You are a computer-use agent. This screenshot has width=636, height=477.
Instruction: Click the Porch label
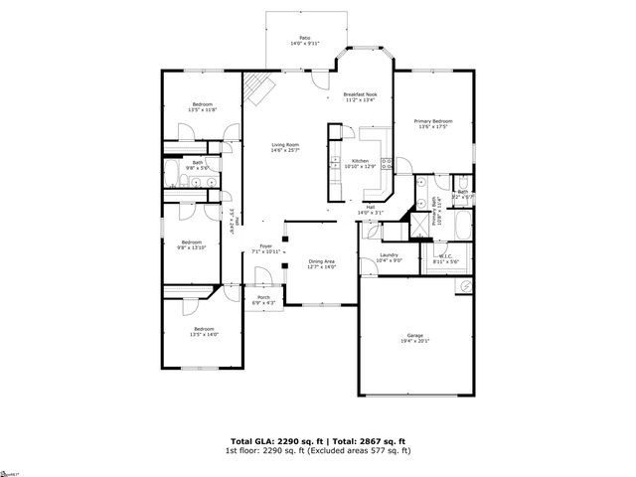coord(264,299)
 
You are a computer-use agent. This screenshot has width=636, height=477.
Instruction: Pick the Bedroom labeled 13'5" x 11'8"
coord(203,106)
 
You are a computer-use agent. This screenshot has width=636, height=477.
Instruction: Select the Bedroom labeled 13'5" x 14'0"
coord(204,331)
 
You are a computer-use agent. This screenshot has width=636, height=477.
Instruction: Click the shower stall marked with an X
coord(421,222)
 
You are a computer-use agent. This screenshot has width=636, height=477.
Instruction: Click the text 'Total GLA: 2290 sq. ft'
coord(269,440)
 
